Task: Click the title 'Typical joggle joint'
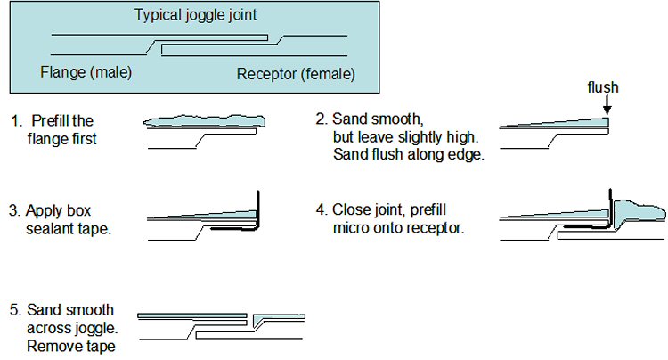pos(196,15)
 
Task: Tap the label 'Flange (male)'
pos(86,72)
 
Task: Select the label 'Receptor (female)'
pos(296,74)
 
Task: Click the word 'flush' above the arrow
pos(603,87)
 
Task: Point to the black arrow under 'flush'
pos(607,105)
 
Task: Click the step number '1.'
pos(17,121)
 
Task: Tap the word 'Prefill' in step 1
pos(51,120)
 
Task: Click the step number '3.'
pos(15,211)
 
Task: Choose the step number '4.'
pos(322,210)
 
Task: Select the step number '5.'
pos(15,310)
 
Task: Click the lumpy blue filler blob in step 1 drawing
pos(204,121)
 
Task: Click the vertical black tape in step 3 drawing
pos(258,209)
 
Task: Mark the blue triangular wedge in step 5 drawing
pos(258,319)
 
